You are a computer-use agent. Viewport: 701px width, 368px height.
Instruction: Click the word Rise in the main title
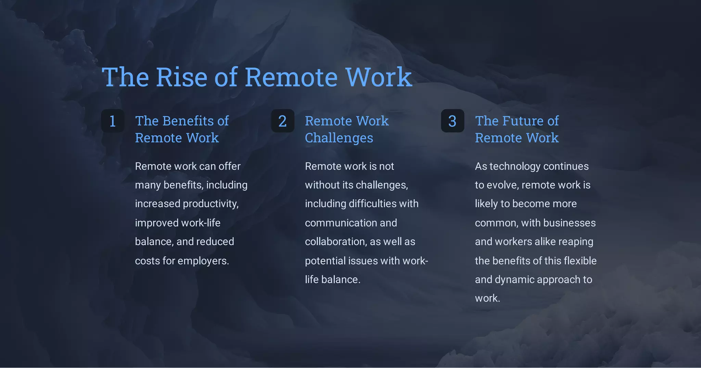coord(181,77)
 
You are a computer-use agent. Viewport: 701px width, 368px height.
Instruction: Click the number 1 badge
coord(113,121)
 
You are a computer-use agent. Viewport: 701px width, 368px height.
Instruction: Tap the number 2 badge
coord(282,121)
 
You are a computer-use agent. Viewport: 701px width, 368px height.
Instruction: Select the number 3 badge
coord(452,121)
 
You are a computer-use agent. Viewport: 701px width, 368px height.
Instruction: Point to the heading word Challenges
coord(339,138)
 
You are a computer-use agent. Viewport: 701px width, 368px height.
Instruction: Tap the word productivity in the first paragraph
coord(211,204)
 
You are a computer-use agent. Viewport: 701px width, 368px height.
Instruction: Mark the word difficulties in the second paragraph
coord(371,204)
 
